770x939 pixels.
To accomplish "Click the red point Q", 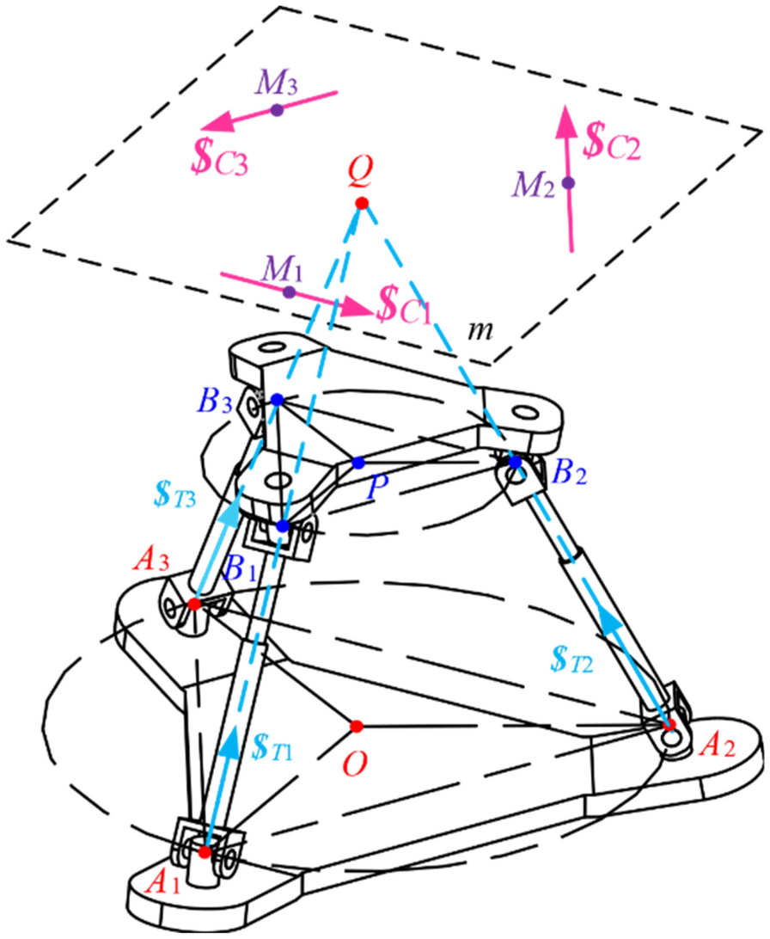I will [361, 203].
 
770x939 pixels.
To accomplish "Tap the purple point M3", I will [277, 110].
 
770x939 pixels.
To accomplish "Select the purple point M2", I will [567, 182].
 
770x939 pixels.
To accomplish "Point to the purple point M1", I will [289, 292].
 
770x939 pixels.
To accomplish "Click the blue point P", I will [357, 463].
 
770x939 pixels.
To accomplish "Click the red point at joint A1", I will [205, 852].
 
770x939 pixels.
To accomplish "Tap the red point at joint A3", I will [194, 605].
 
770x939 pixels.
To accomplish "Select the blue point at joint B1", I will [283, 525].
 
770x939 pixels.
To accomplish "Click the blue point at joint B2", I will [515, 463].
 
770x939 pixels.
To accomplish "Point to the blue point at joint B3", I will [277, 400].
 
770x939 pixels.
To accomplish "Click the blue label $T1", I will [276, 744].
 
